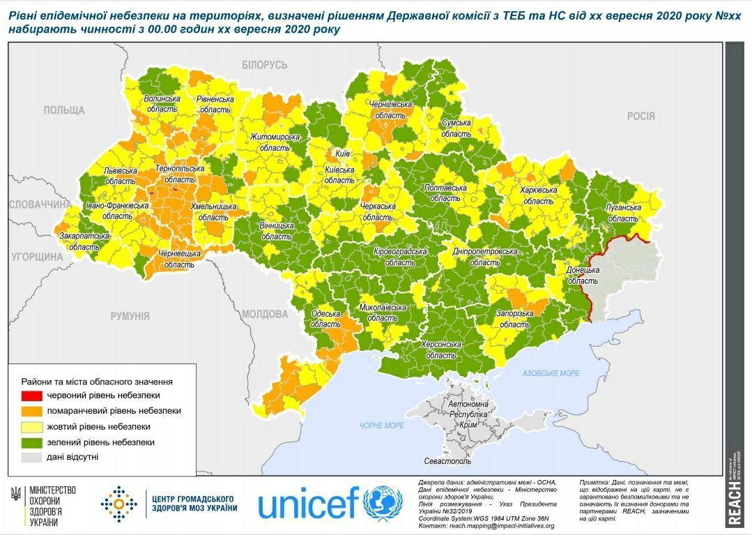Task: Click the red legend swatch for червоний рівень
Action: click(x=32, y=395)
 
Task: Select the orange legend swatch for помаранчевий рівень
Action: click(x=32, y=411)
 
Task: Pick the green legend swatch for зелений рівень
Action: click(x=32, y=442)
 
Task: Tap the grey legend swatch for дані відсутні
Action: click(x=32, y=458)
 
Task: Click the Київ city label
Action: click(x=342, y=153)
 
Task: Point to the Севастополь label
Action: click(x=448, y=461)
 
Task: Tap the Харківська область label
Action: click(x=538, y=195)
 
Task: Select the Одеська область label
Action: click(x=325, y=319)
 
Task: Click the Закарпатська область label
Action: click(x=84, y=241)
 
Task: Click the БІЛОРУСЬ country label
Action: click(x=265, y=65)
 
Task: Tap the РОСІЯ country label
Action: click(x=640, y=116)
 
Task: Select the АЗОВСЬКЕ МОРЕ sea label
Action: click(x=551, y=374)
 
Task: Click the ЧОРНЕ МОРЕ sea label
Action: click(x=381, y=425)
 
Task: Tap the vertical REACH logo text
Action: click(x=734, y=502)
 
